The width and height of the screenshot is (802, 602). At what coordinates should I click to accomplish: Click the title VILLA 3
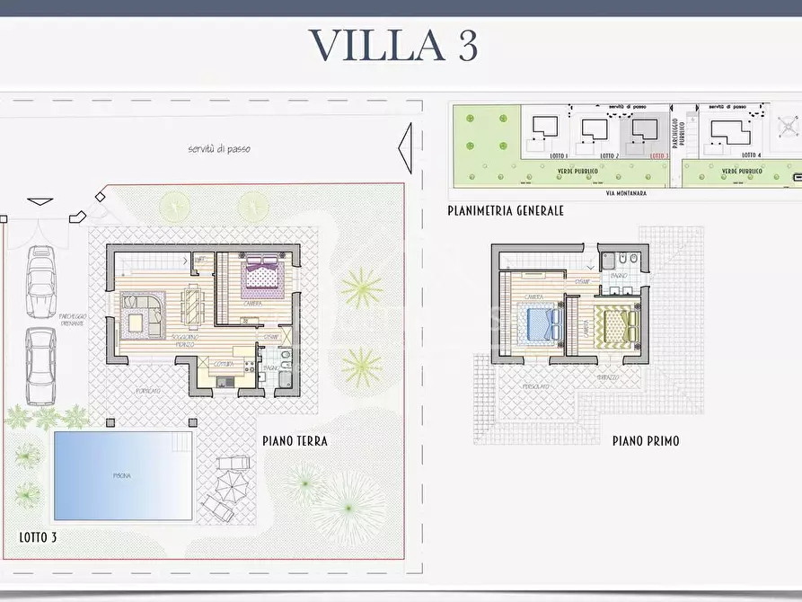(x=392, y=46)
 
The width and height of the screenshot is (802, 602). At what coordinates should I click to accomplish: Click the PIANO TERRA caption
(x=295, y=441)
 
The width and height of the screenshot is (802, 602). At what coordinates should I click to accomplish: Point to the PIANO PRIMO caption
(x=646, y=441)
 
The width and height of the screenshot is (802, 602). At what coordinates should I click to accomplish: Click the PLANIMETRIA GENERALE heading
(x=506, y=210)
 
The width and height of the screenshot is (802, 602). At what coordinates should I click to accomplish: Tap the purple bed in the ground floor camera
(x=263, y=274)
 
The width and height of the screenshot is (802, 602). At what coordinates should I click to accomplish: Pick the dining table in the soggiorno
(x=192, y=305)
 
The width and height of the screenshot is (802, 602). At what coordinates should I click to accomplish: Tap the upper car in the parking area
(x=41, y=281)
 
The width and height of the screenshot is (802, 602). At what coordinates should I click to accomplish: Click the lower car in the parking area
(x=40, y=365)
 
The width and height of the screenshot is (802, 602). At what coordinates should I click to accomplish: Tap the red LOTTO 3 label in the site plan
(x=658, y=155)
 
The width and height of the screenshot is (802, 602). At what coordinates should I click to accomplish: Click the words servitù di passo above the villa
(x=219, y=149)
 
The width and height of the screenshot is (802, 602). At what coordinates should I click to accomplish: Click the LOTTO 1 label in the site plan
(x=559, y=155)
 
